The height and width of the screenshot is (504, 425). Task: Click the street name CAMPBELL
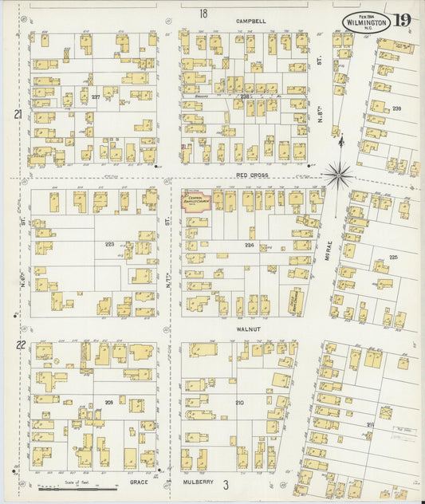pos(250,21)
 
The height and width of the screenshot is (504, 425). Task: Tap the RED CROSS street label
pos(251,175)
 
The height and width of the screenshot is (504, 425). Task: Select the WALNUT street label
pos(249,328)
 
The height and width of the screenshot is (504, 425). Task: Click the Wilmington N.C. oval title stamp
pos(367,22)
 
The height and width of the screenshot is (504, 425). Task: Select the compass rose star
pos(340,172)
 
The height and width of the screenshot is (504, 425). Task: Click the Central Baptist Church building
pos(195,200)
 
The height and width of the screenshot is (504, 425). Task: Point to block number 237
pos(96,97)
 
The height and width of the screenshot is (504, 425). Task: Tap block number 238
pos(245,96)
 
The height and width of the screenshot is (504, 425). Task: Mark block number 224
pos(250,246)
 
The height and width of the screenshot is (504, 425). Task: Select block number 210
pos(239,403)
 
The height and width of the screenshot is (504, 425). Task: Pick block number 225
pos(393,257)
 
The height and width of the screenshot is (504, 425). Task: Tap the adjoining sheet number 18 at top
pos(203,14)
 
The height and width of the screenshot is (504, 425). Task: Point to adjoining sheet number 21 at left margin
pos(18,115)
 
